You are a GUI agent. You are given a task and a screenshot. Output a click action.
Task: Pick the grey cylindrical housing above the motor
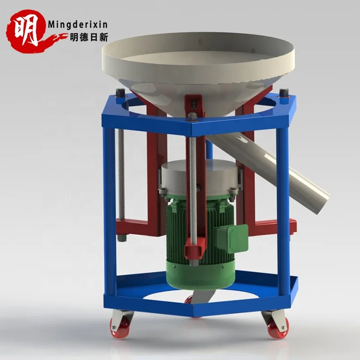pyautogui.click(x=199, y=178)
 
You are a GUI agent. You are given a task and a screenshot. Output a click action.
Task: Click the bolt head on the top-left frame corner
pyautogui.click(x=119, y=93)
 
